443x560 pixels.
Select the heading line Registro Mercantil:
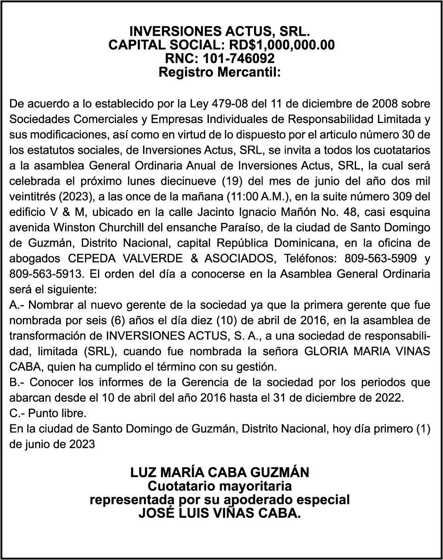(220, 72)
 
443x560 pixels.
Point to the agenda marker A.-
(18, 305)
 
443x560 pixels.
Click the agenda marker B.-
(18, 383)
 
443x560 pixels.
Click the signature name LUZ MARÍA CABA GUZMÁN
(220, 473)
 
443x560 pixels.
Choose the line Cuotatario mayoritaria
(220, 486)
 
